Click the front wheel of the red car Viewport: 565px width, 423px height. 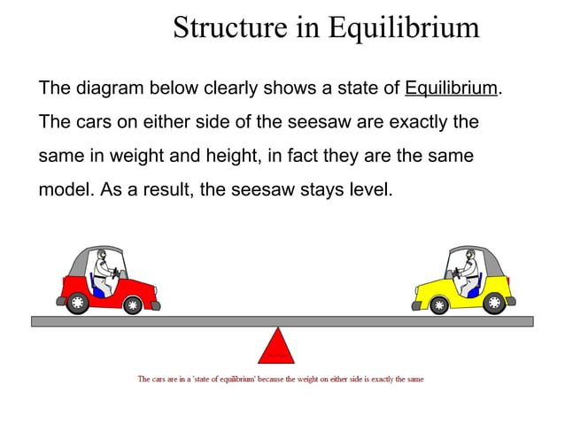[132, 305]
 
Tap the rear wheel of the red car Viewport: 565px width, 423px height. [77, 303]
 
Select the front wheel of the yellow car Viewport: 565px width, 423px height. [438, 305]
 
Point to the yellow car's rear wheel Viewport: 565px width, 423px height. [493, 303]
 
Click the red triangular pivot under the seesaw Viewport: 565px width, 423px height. [276, 348]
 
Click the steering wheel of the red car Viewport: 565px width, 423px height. [117, 273]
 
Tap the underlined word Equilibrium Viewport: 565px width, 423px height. [452, 89]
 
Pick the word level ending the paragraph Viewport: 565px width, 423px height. [369, 189]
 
